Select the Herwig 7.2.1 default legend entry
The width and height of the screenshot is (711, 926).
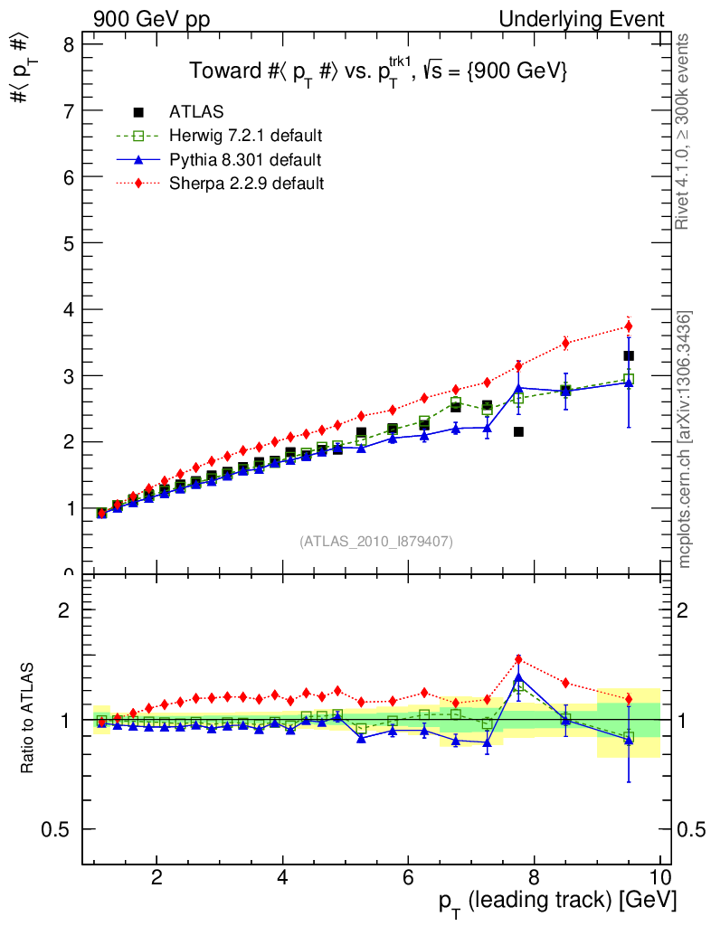coord(245,137)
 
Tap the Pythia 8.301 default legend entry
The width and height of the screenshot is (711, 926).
coord(244,160)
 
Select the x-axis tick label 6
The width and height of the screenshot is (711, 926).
coord(409,878)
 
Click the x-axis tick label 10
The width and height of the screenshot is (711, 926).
coord(659,878)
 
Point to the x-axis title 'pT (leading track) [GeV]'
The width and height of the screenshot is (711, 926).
coord(557,902)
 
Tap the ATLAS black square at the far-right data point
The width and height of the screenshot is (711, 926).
coord(629,356)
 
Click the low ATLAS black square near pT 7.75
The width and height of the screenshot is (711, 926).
coord(518,431)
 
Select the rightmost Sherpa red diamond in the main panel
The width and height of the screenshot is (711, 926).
coord(629,326)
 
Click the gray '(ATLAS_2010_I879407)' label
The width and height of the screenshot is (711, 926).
coord(376,542)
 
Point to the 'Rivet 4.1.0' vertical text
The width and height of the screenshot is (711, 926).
coord(685,131)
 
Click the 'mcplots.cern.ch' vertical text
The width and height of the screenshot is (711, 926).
coord(685,439)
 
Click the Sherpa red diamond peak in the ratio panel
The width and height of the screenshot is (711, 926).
coord(518,659)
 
